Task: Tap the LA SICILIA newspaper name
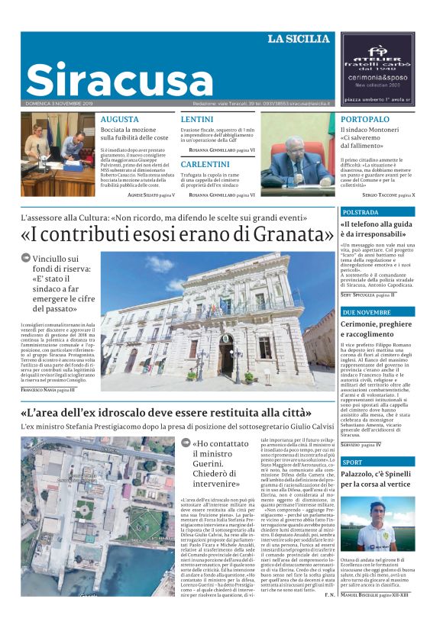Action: [x=299, y=39]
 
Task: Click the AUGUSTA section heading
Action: [x=120, y=120]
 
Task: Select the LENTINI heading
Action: [x=197, y=120]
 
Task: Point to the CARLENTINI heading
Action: [x=205, y=164]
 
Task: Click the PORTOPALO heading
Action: [x=365, y=120]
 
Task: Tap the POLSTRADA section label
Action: [x=361, y=212]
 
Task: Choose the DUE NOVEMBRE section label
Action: [x=367, y=313]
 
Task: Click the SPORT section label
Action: [x=353, y=462]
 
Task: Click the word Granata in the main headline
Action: [x=295, y=233]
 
